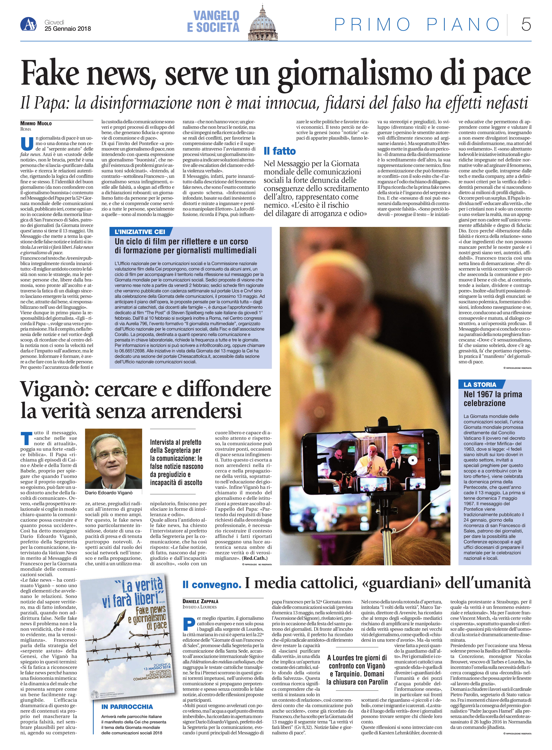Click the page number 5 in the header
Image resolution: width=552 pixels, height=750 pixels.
tap(526, 25)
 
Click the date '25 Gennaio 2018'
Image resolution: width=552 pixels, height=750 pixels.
tap(68, 29)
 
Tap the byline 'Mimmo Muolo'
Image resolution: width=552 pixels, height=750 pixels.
tap(36, 123)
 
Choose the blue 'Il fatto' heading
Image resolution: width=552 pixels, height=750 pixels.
tap(280, 151)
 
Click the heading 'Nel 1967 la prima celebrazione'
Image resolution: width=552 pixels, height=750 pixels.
tap(493, 399)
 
